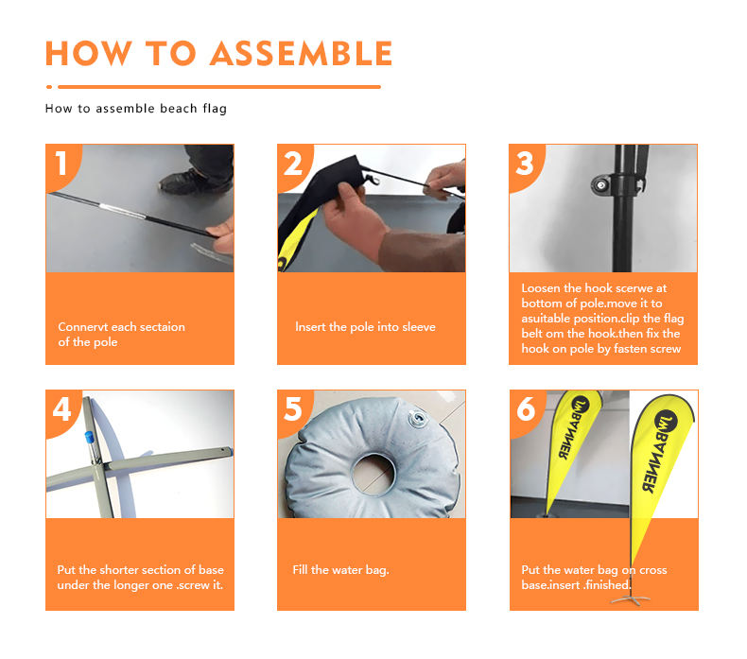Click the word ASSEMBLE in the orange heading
point(301,53)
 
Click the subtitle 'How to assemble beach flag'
point(136,109)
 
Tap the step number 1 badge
point(61,164)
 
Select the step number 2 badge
point(293,164)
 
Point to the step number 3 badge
point(525,164)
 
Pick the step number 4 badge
point(61,409)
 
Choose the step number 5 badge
point(293,409)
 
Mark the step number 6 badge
point(526,409)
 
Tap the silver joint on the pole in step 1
point(122,210)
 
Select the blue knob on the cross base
point(90,438)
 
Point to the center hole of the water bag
point(373,474)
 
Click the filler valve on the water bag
point(418,418)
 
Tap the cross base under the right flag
point(631,599)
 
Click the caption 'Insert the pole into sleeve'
point(365,327)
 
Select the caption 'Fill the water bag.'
point(341,570)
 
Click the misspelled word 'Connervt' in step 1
point(83,327)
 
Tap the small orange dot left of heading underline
point(49,87)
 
